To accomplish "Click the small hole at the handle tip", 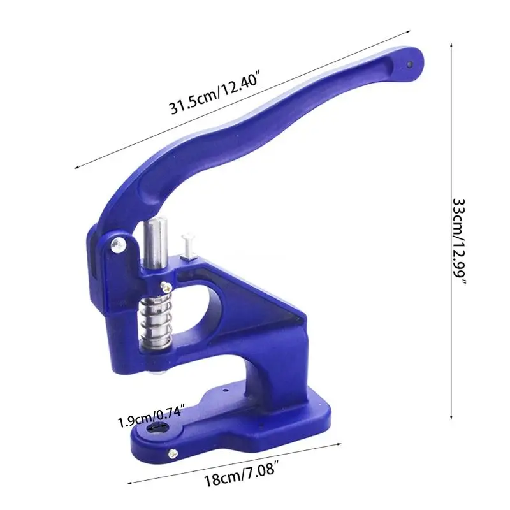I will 409,63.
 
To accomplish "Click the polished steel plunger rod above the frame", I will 156,244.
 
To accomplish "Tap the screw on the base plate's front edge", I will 172,453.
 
